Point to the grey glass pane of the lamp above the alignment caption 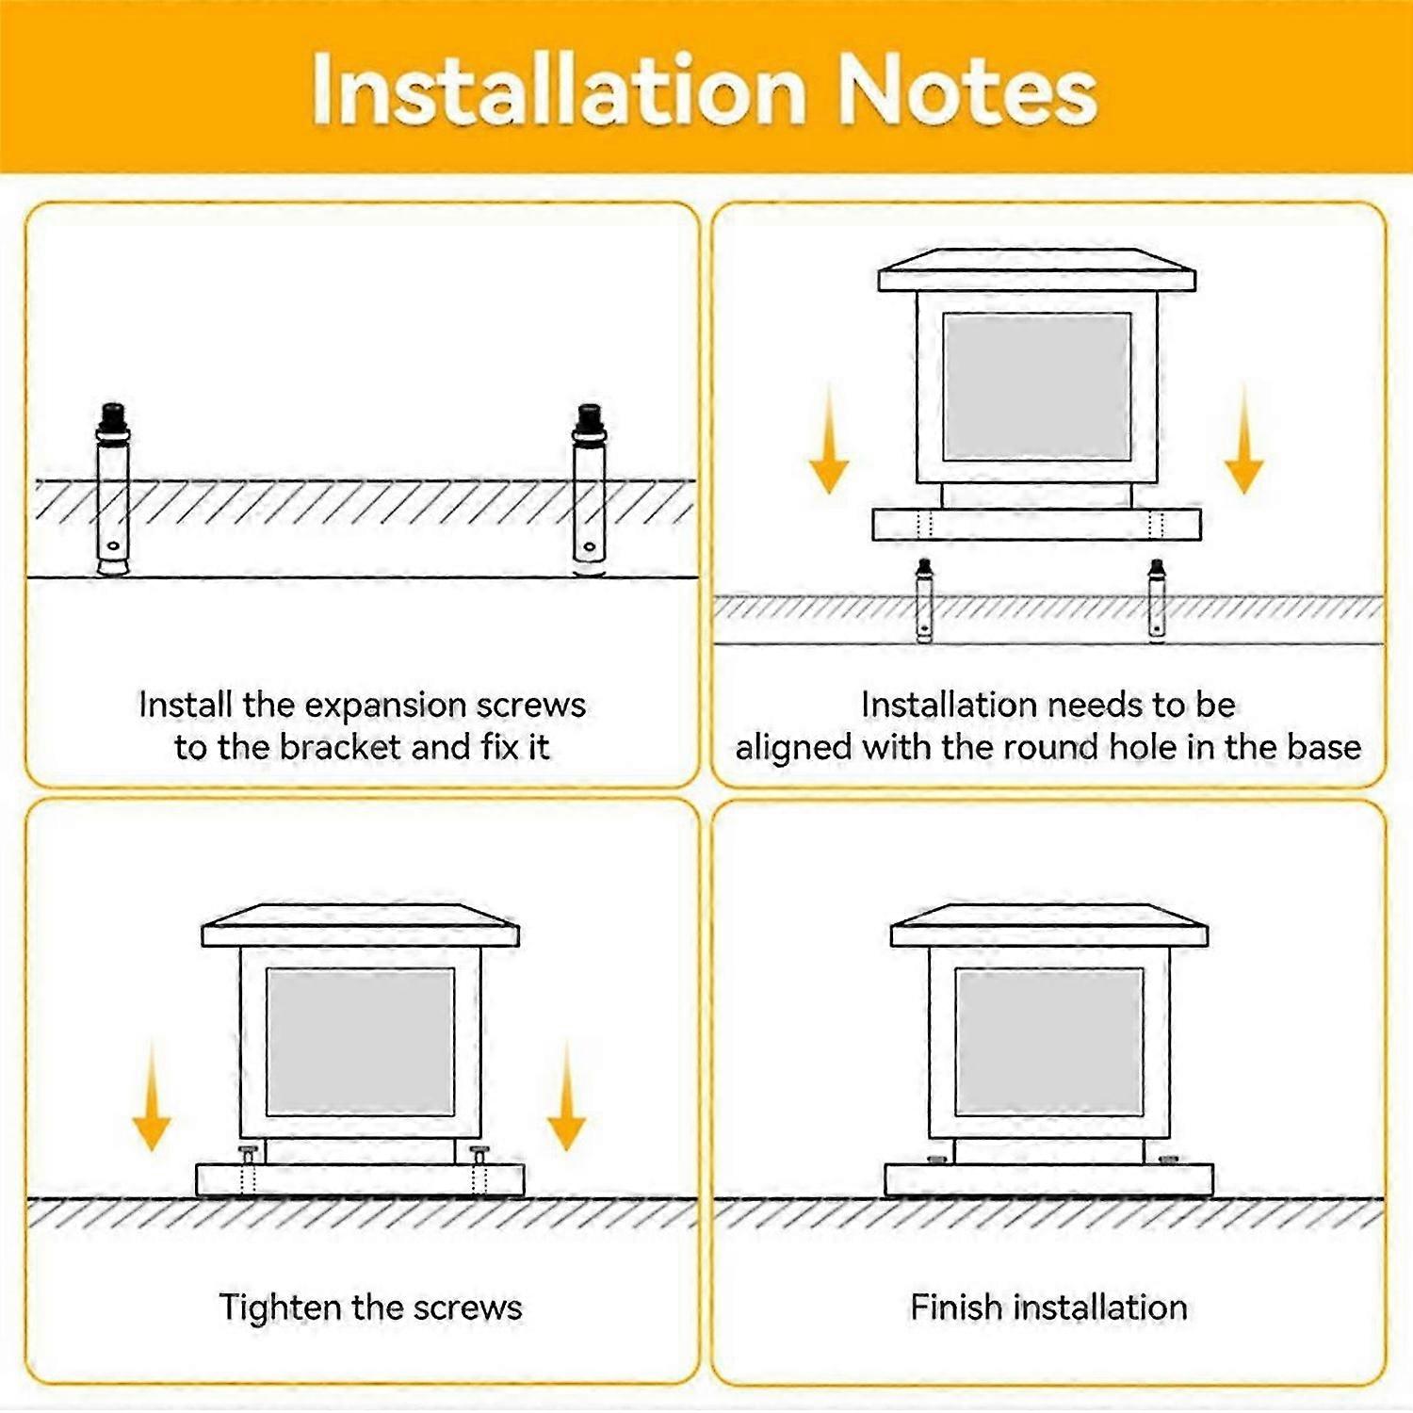(x=1037, y=386)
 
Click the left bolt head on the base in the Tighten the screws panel (x=248, y=1152)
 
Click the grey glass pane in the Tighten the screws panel (x=361, y=1042)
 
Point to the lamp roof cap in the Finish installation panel (x=1049, y=925)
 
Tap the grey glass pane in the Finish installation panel (x=1049, y=1042)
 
